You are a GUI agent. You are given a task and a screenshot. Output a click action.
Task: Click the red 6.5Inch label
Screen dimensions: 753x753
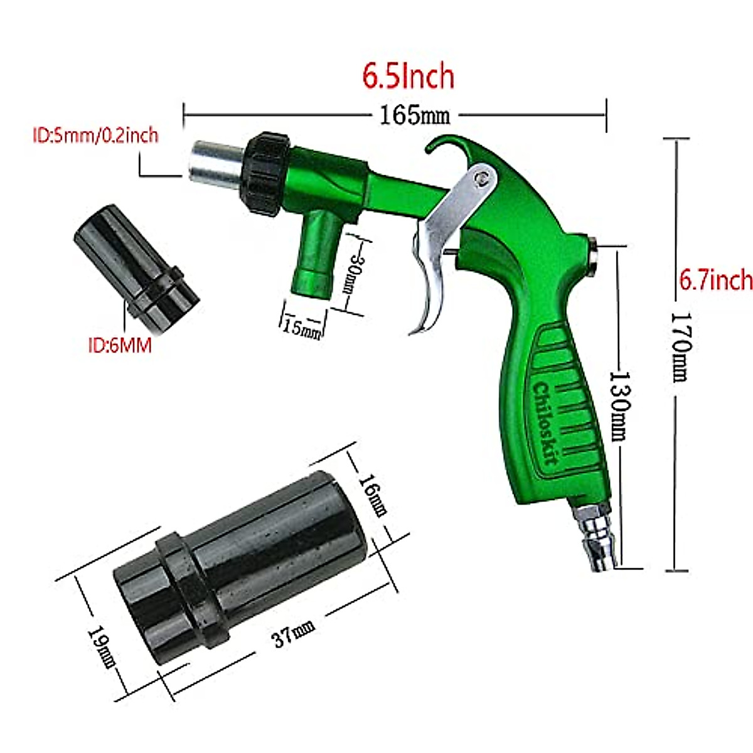(x=409, y=77)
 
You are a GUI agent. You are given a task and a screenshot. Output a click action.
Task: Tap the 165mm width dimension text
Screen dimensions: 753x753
(x=415, y=115)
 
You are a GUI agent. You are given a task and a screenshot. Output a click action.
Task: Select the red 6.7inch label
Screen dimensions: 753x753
(x=715, y=280)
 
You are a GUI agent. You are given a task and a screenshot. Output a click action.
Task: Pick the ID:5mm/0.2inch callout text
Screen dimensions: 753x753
(x=95, y=136)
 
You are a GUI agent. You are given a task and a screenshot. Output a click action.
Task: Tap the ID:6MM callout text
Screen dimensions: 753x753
(x=120, y=345)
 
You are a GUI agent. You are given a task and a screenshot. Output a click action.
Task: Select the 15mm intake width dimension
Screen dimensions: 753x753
(x=302, y=327)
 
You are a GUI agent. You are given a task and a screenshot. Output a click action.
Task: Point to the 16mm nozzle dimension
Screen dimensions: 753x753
(x=372, y=495)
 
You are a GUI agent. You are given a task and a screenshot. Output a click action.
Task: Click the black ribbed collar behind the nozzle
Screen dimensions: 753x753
(x=267, y=173)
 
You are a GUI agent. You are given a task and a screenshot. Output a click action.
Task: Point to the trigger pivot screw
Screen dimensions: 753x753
(x=482, y=178)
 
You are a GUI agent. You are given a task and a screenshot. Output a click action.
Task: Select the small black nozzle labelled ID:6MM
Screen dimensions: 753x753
(x=136, y=267)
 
